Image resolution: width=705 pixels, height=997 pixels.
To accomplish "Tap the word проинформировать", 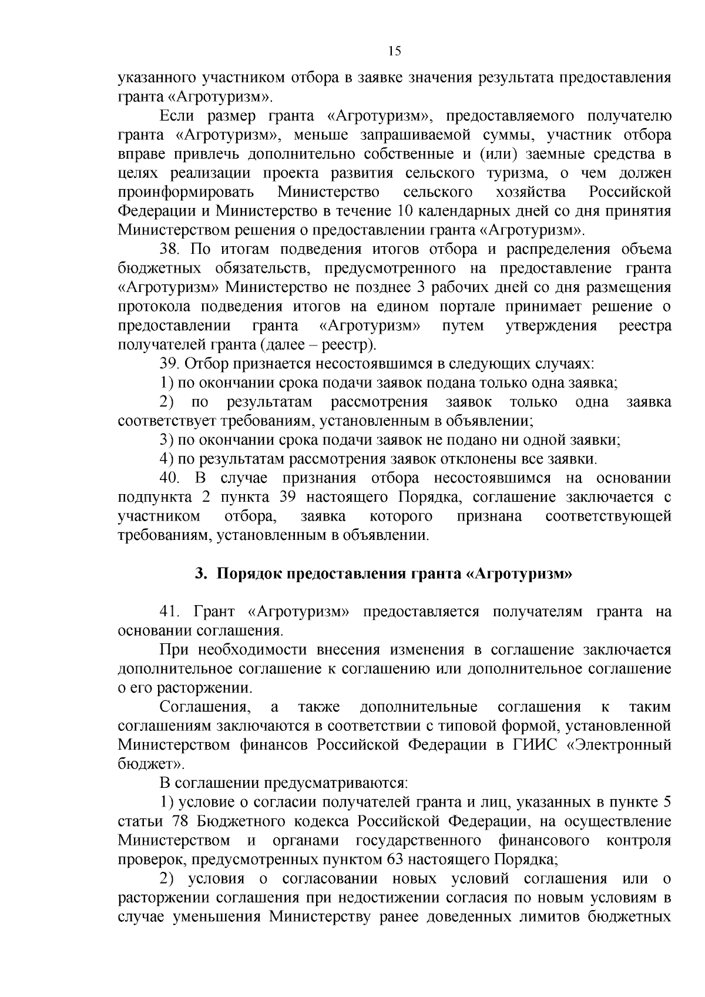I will coord(186,193).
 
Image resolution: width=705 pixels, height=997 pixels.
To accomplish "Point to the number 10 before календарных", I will coord(405,212).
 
